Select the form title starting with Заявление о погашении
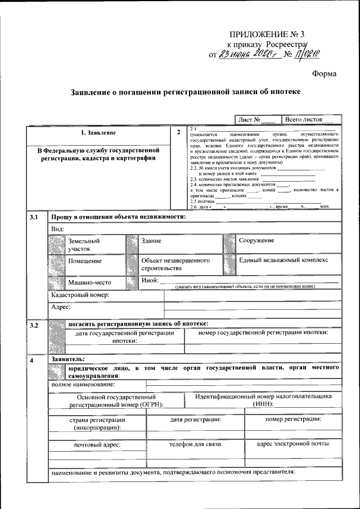(185, 91)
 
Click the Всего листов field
(309, 119)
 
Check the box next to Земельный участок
(57, 244)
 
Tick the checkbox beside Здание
(132, 244)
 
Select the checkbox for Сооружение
(229, 244)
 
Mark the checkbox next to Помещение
(57, 263)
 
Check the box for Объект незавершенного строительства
(132, 263)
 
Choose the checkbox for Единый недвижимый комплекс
(229, 263)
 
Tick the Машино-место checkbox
(57, 282)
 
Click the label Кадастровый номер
(79, 295)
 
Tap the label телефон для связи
(196, 444)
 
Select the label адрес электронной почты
(292, 444)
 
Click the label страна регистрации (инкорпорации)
(97, 424)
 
